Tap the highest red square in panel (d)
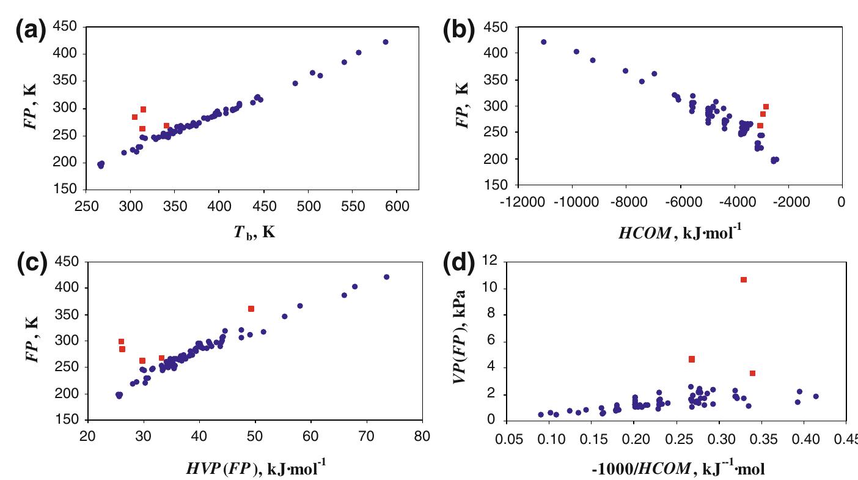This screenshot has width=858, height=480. [x=744, y=279]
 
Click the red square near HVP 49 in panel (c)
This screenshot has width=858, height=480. [x=251, y=309]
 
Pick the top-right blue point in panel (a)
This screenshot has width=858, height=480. [x=386, y=42]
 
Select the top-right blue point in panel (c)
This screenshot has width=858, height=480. [x=386, y=277]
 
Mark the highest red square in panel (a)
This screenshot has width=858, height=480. [x=143, y=109]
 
